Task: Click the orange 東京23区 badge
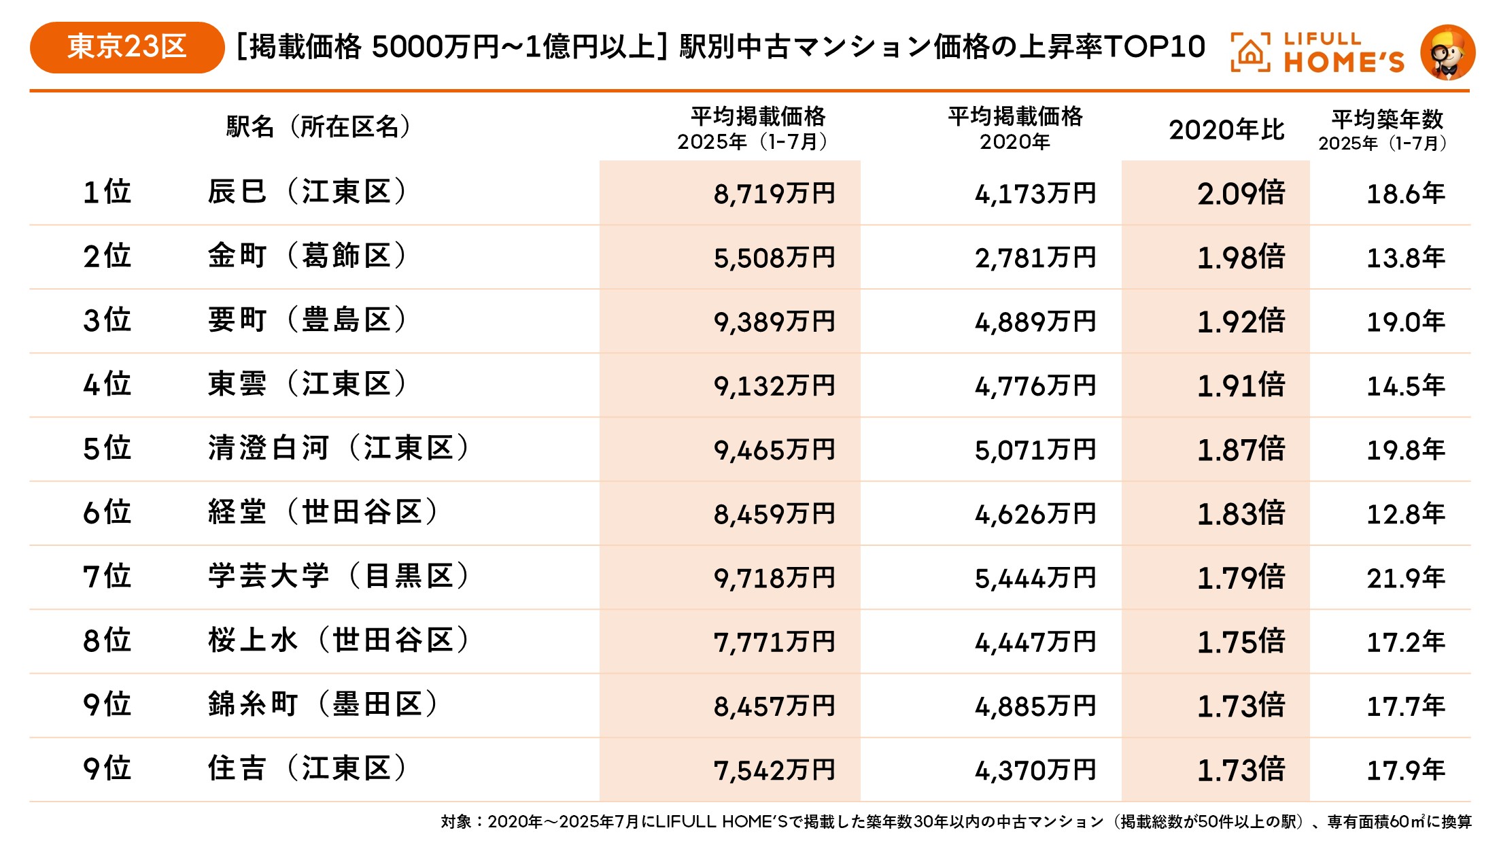point(126,47)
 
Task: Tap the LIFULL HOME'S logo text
point(1342,52)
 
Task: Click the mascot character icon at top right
point(1447,52)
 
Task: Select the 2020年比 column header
point(1226,130)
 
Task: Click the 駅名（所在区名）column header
point(320,127)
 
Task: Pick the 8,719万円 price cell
point(774,194)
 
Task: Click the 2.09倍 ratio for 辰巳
point(1241,194)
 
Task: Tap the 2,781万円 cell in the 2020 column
point(1035,258)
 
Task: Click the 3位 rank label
point(107,320)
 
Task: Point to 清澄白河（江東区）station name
point(339,449)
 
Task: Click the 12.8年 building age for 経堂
point(1405,514)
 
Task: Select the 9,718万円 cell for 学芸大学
point(774,578)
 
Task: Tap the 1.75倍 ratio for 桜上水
point(1241,642)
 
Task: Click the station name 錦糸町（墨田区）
point(323,705)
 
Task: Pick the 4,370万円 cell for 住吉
point(1035,770)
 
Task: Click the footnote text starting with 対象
point(955,822)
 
